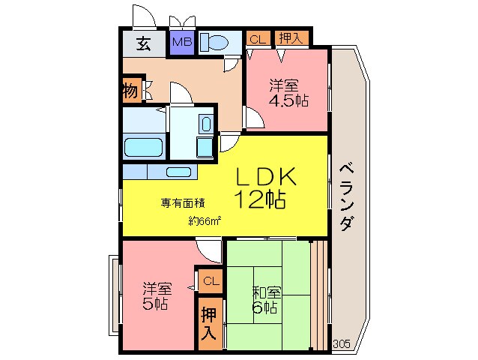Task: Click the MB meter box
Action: (182, 43)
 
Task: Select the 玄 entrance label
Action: (144, 43)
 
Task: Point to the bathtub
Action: (143, 147)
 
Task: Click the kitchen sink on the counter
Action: (178, 172)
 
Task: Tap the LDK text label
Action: (266, 176)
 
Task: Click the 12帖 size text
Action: (259, 199)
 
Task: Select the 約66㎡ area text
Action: (205, 220)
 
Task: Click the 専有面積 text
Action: (183, 203)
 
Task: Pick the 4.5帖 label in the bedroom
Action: (288, 100)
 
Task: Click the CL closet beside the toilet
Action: (258, 39)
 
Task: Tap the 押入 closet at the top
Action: (292, 38)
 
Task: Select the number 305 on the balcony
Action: (342, 344)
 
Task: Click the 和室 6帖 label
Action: (266, 300)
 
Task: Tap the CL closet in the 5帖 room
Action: (211, 280)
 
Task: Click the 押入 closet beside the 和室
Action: (210, 324)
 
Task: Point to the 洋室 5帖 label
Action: (157, 296)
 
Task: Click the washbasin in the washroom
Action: (206, 124)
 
